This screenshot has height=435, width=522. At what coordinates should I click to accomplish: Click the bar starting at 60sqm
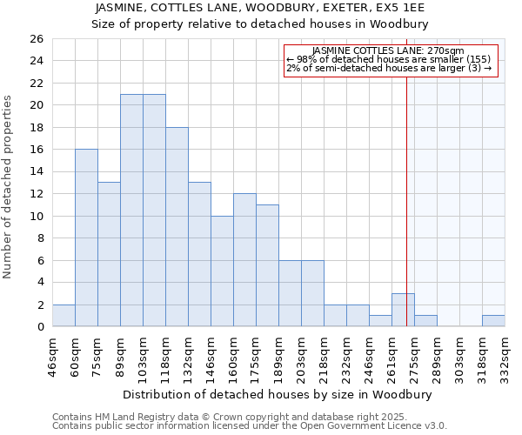coord(86,238)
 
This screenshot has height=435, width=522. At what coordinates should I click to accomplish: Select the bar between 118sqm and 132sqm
coord(177,227)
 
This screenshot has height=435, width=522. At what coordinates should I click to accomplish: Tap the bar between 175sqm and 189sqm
coord(267,265)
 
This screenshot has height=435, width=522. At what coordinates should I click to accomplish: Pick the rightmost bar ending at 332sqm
coord(493,321)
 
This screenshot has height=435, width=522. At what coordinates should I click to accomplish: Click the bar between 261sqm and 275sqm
coord(403,310)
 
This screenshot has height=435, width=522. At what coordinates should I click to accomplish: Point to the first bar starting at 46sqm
coord(64,316)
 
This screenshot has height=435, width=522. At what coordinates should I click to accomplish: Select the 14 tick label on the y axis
coord(36,171)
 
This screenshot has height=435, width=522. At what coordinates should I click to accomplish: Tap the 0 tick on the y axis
coord(39,327)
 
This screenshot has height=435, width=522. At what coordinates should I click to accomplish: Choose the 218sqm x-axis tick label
coord(325,356)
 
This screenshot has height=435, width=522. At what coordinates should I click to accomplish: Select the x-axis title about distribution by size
coord(278,393)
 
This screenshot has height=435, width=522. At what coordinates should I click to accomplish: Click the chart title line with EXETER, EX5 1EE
coord(260,8)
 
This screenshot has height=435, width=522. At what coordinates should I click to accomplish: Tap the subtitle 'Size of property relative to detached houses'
coord(260,24)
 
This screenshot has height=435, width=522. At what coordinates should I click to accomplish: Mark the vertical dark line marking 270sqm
coord(406,191)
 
